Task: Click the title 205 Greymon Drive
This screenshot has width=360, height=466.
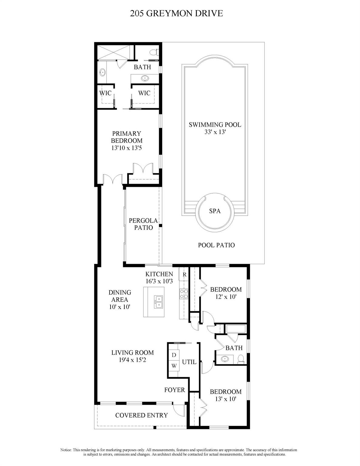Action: point(176,14)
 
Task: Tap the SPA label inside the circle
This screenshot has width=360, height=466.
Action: point(215,211)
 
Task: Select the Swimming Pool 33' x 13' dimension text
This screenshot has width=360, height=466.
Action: point(215,132)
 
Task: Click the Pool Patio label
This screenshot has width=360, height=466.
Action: point(216,245)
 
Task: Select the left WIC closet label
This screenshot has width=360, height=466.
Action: point(105,93)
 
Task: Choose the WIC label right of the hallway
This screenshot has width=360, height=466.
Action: point(144,93)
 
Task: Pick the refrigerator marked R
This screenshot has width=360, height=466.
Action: point(184,275)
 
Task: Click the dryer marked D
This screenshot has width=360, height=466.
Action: point(174,355)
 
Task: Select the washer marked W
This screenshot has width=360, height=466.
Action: point(174,366)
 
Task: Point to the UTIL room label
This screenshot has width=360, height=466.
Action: point(189,362)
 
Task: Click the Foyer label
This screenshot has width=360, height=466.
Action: point(175,390)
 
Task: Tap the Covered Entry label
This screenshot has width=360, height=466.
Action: point(141,415)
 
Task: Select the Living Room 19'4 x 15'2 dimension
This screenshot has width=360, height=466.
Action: point(132,360)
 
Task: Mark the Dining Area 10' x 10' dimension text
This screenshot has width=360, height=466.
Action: point(120,307)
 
